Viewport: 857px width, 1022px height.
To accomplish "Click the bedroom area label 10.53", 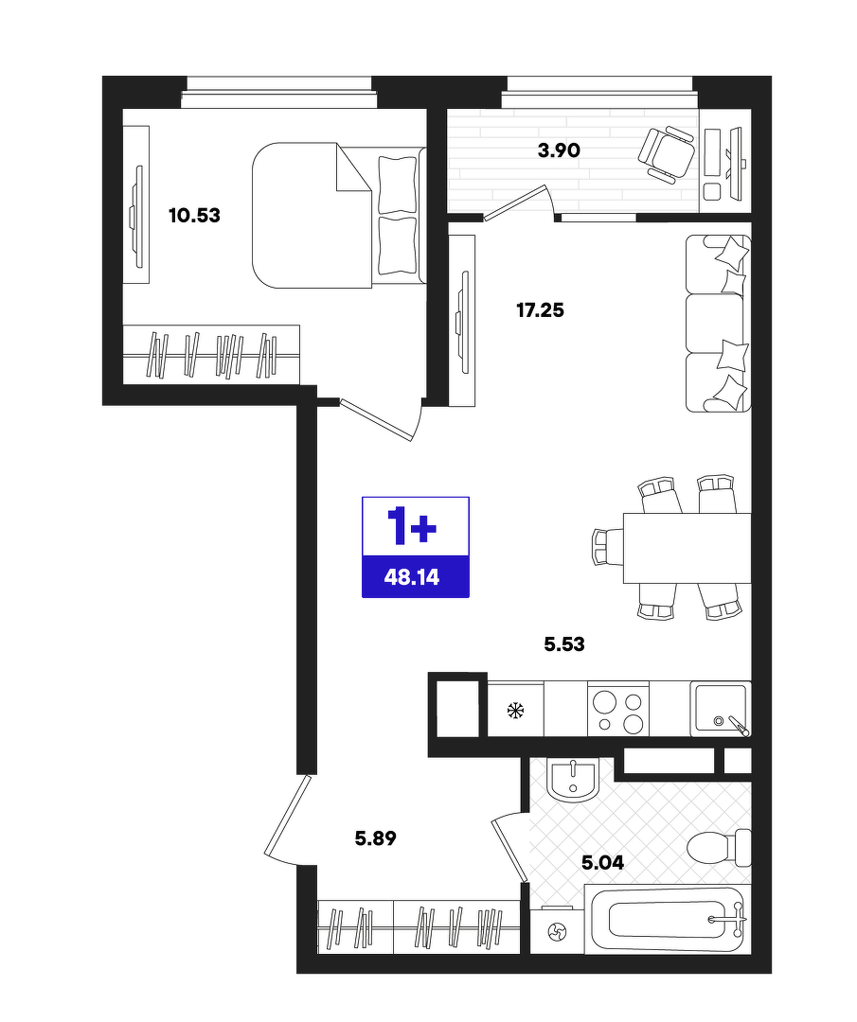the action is click(194, 215).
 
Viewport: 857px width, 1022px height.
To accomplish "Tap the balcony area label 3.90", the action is click(559, 150).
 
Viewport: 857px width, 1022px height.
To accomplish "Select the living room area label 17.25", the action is click(540, 310).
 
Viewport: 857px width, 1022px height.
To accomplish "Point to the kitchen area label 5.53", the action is click(564, 644).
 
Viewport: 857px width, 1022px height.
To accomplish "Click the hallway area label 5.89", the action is click(376, 838).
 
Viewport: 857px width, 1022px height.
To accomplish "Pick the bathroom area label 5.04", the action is click(602, 863).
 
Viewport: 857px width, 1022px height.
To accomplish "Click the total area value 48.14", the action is click(412, 577).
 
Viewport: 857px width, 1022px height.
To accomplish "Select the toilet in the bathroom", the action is click(720, 848).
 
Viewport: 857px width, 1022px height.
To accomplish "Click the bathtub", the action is click(668, 919).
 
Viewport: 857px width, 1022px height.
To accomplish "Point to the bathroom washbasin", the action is click(573, 780).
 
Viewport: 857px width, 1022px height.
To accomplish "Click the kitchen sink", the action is click(721, 709).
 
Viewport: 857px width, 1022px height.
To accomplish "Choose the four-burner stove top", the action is click(618, 709).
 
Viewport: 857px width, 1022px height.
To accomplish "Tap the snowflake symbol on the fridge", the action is click(516, 710).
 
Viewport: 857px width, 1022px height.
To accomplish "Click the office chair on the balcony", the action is click(667, 151).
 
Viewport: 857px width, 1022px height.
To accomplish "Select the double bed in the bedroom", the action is click(338, 215).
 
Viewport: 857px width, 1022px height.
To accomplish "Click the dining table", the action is click(687, 548).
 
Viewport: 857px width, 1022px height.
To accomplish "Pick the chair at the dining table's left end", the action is click(608, 548).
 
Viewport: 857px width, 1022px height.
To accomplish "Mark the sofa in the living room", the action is click(718, 324).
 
